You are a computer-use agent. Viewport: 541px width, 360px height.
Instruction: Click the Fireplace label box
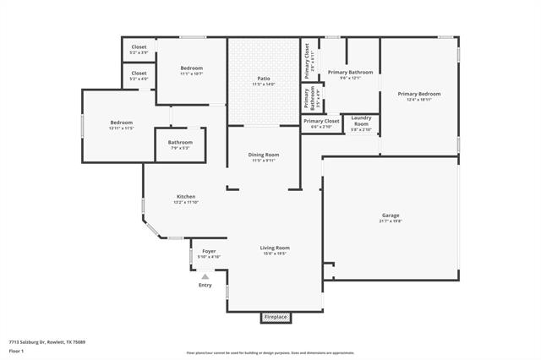click(276, 317)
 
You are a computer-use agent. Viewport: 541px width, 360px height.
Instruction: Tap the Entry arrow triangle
click(205, 275)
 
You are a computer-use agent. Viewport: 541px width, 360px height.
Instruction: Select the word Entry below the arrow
click(205, 285)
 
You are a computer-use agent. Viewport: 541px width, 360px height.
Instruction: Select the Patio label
click(264, 81)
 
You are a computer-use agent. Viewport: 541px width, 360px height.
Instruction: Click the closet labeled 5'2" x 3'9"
click(139, 49)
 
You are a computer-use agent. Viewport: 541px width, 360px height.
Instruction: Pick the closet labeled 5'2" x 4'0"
click(139, 75)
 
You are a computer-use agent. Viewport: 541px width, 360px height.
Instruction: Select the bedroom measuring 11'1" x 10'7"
click(191, 70)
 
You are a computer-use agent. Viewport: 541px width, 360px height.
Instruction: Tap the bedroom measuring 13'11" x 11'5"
click(121, 125)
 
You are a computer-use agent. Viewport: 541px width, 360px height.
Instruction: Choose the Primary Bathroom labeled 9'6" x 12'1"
click(350, 75)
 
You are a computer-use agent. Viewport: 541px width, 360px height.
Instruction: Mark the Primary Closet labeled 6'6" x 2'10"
click(321, 123)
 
